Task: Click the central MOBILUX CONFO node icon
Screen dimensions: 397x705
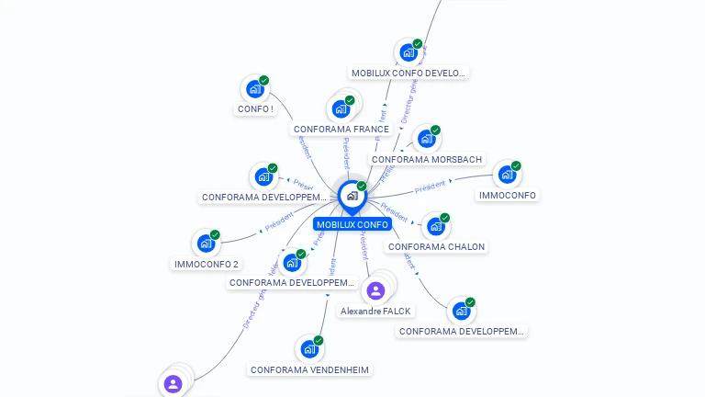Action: click(x=352, y=196)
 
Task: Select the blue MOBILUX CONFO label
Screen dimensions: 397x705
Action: click(x=352, y=224)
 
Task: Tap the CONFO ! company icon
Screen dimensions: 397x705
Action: click(x=253, y=89)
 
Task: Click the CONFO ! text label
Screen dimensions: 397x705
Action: click(x=255, y=109)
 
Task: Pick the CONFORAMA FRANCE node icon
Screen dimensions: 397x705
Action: click(x=341, y=108)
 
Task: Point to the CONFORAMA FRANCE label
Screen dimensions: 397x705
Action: click(x=341, y=130)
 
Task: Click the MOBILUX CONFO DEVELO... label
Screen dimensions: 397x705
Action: click(x=409, y=73)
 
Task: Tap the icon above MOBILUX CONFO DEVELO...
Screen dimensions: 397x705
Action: click(x=408, y=52)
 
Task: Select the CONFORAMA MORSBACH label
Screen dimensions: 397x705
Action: click(x=427, y=159)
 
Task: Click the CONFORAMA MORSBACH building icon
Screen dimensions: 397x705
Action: click(x=426, y=139)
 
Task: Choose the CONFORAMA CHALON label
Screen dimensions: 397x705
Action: click(x=436, y=246)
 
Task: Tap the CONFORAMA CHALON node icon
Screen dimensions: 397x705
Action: click(x=436, y=226)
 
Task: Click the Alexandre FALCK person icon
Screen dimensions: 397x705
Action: click(x=375, y=291)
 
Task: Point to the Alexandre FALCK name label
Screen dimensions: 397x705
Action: click(x=375, y=312)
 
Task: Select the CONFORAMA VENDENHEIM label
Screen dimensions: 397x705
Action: click(x=310, y=369)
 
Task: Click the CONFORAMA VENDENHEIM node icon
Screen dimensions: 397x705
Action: click(x=309, y=349)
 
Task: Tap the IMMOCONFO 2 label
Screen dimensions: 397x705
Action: click(x=207, y=264)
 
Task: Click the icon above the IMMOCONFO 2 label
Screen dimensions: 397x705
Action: click(x=206, y=244)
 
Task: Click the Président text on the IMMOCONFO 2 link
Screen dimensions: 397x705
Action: click(x=279, y=221)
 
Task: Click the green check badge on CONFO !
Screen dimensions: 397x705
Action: click(x=264, y=81)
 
